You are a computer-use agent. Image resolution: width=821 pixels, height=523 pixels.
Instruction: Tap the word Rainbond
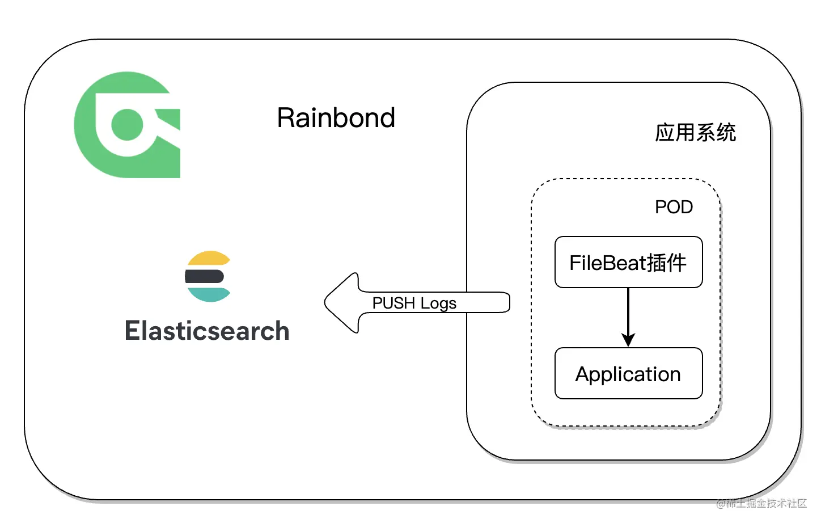click(x=336, y=118)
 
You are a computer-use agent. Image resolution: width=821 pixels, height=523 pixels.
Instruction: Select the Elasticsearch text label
click(x=207, y=331)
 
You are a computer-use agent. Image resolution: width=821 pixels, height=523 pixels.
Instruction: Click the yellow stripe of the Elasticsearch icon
click(x=209, y=259)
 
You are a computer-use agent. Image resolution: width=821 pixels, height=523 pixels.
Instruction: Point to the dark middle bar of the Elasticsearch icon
click(x=205, y=277)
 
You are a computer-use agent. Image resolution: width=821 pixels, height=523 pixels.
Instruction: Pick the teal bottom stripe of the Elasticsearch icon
click(x=209, y=294)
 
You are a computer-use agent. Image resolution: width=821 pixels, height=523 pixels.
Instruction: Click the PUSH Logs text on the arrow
click(x=414, y=303)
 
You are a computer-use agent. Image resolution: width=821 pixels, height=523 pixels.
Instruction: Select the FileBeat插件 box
click(x=628, y=262)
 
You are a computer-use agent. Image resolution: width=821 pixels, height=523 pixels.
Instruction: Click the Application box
click(x=628, y=373)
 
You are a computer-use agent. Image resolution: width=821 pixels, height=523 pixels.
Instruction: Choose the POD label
click(x=674, y=207)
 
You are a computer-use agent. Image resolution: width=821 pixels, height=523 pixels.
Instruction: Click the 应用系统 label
click(x=695, y=133)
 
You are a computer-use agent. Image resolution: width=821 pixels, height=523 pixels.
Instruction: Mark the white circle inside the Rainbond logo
click(x=127, y=124)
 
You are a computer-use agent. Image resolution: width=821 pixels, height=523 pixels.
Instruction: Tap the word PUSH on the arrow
click(x=393, y=303)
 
